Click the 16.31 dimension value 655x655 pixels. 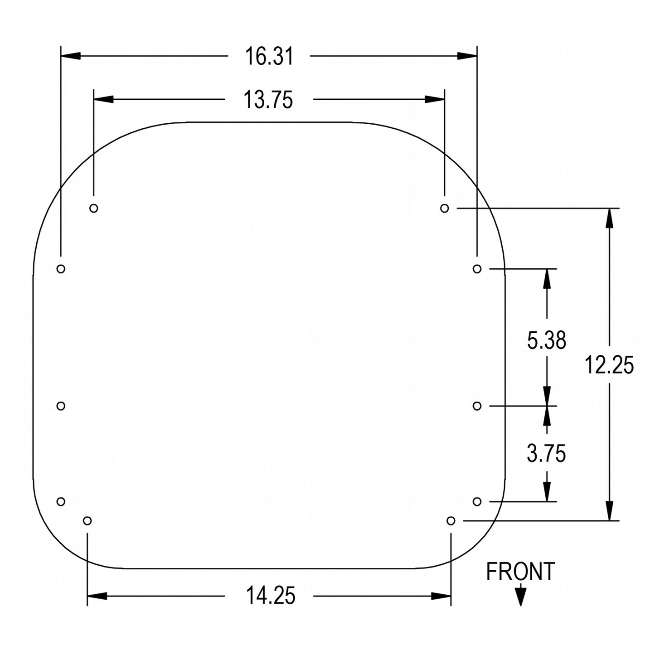click(x=269, y=56)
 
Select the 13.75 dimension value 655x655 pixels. click(x=268, y=100)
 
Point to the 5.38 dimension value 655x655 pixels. click(x=546, y=340)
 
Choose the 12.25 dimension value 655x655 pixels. click(x=609, y=365)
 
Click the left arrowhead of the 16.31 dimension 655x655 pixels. click(x=71, y=56)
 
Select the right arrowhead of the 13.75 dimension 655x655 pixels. click(x=434, y=99)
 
